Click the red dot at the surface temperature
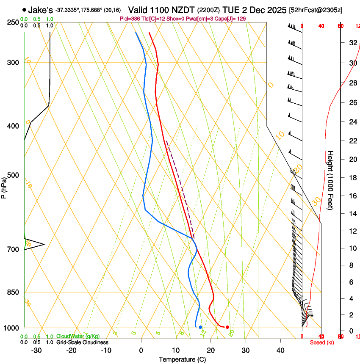[x=227, y=327]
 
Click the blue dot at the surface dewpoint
[x=200, y=327]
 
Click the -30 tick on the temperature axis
[x=36, y=350]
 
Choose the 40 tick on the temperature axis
[x=280, y=350]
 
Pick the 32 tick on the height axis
[x=352, y=43]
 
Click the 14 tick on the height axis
[x=352, y=214]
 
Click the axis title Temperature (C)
[x=182, y=360]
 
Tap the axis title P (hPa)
[x=4, y=186]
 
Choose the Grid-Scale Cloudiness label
[x=82, y=342]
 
